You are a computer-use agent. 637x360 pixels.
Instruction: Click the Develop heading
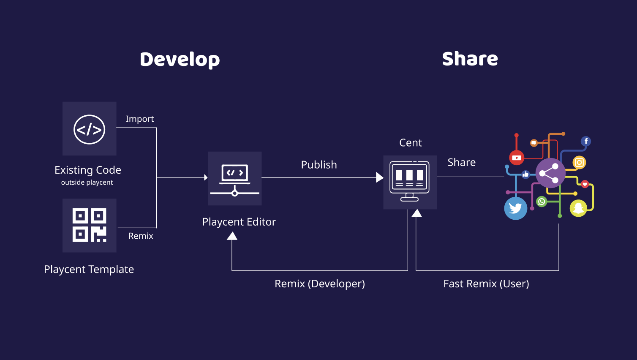point(180,60)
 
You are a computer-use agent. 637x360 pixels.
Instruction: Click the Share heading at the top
point(470,59)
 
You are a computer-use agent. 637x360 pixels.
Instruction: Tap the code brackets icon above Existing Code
point(90,129)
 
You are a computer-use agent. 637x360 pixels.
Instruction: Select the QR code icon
point(90,225)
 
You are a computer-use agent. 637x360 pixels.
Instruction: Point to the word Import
point(140,119)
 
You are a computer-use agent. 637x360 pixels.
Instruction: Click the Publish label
point(319,165)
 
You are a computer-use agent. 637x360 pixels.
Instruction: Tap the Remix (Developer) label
point(320,284)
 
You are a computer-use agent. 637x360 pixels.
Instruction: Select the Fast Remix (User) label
point(486,284)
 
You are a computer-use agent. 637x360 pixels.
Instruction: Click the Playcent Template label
point(89,269)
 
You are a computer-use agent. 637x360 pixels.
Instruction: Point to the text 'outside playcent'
point(87,183)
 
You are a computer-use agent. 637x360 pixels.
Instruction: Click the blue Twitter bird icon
point(515,208)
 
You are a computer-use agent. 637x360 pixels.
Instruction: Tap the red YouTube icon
point(517,158)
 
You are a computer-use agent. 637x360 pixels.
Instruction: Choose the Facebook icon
point(586,141)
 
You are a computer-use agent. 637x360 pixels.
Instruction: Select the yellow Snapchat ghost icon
point(578,208)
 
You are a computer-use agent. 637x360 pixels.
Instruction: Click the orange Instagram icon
point(579,162)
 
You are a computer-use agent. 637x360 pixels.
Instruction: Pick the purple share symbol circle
point(550,173)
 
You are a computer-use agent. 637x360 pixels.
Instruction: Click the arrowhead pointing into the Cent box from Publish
point(379,177)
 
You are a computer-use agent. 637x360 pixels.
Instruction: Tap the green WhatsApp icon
point(542,202)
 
